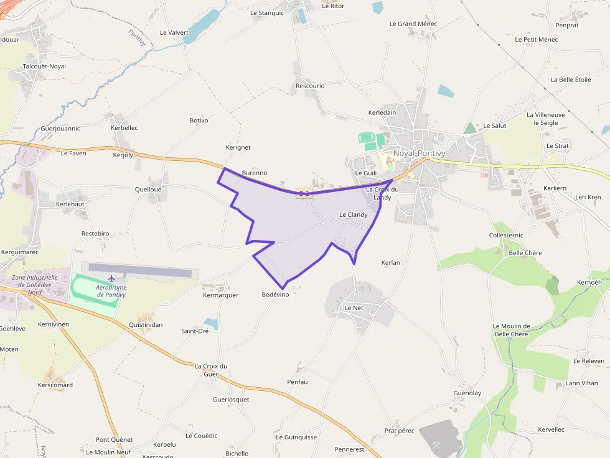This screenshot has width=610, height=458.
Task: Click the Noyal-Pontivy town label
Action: coord(420,153)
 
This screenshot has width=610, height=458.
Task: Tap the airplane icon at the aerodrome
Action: coord(112,278)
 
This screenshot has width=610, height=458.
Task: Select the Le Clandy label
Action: coord(353,215)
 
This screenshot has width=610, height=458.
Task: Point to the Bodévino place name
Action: coord(276,295)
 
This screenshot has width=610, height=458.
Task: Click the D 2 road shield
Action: coord(304,193)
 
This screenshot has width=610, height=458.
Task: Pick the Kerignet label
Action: coord(238,147)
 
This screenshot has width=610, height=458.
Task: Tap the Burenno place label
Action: coord(254,173)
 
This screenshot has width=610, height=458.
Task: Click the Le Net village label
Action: coord(354,308)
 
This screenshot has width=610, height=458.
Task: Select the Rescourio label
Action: coord(310,86)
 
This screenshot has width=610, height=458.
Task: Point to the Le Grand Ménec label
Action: coord(413,24)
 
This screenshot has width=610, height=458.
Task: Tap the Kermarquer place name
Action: coord(220,295)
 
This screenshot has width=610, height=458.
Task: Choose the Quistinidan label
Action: coord(146,325)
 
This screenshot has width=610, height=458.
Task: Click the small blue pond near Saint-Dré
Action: coord(212,323)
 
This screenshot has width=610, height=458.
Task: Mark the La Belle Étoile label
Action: coord(571,80)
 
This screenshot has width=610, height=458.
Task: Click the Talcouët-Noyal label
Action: coord(44,66)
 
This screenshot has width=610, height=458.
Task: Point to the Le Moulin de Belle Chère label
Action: coord(511,330)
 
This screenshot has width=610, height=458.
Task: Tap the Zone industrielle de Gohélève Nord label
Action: coord(35,285)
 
